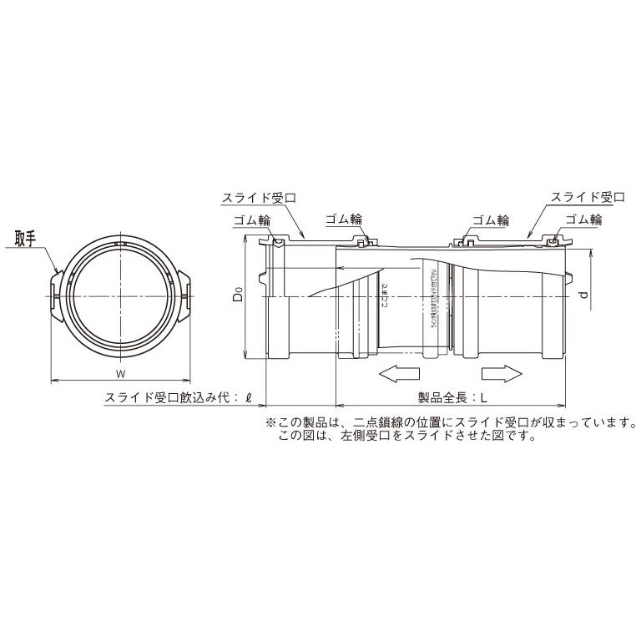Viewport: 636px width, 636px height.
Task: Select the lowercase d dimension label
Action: pos(587,294)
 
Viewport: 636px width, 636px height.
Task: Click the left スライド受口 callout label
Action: pos(258,198)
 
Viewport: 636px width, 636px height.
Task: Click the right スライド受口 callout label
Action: pos(588,198)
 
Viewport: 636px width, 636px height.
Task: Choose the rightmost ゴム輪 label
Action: pos(583,220)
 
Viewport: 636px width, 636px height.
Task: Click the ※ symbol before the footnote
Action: pos(270,423)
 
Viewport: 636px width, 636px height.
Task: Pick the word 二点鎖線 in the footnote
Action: pos(377,423)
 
